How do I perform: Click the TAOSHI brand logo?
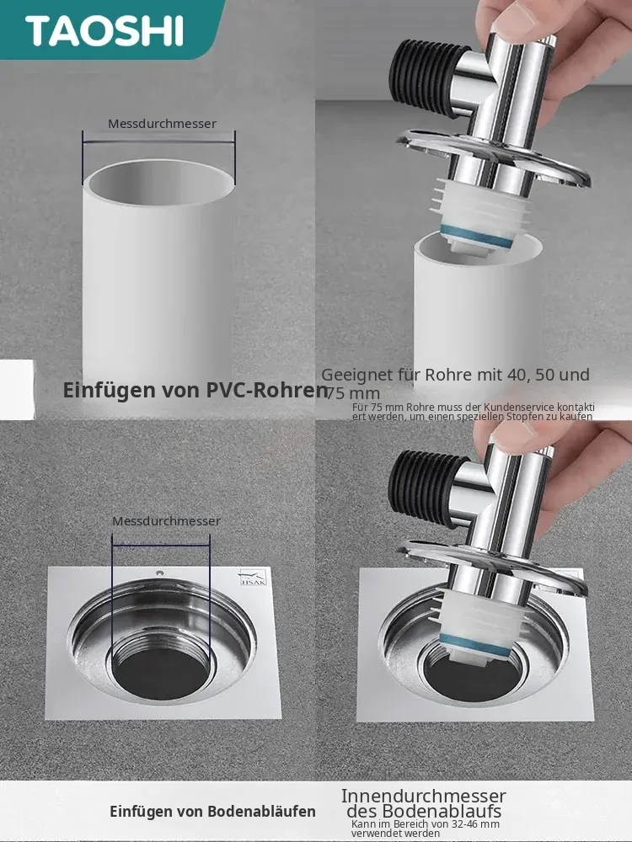(x=104, y=30)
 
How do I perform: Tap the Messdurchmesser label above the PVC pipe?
(x=163, y=124)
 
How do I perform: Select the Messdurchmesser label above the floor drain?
(x=166, y=521)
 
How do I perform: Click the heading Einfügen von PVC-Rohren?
(x=195, y=391)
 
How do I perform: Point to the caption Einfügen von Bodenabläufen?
(x=212, y=811)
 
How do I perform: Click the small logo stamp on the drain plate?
(x=253, y=578)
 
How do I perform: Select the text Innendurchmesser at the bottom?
(x=424, y=796)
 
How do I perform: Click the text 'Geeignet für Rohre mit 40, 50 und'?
(x=455, y=375)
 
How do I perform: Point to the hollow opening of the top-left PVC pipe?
(x=161, y=183)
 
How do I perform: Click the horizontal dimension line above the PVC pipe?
(x=158, y=142)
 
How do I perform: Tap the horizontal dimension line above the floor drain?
(x=161, y=546)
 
